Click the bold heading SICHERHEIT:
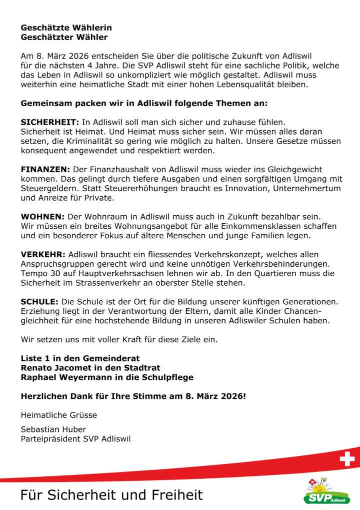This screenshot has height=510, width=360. click(49, 122)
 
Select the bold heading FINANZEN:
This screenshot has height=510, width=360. click(45, 169)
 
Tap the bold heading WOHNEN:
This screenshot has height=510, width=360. click(42, 217)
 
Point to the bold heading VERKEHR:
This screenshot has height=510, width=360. click(43, 255)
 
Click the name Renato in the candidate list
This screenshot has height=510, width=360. click(37, 368)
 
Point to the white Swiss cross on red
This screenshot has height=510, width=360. click(347, 459)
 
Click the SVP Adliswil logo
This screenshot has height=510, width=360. click(327, 491)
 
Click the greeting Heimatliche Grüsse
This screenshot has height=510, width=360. click(59, 415)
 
